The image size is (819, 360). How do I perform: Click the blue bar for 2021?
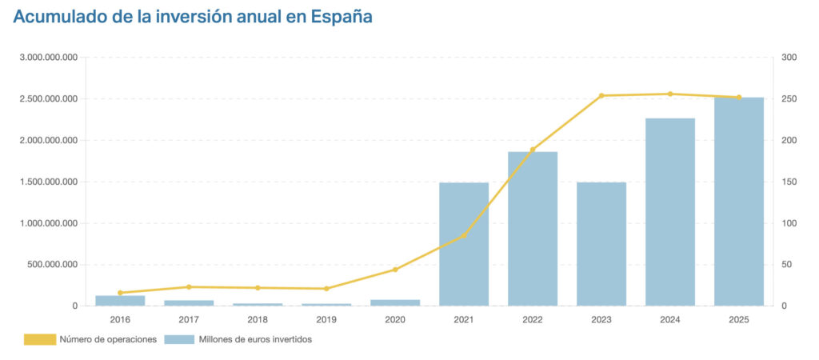(x=464, y=244)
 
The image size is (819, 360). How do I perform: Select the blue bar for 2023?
(x=601, y=244)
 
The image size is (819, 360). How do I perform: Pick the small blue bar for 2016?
(x=120, y=301)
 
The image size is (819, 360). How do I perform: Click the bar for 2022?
(x=533, y=229)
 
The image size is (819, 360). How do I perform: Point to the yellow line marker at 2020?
(x=395, y=270)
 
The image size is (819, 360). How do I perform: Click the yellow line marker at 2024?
(x=670, y=94)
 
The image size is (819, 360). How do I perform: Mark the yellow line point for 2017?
(x=189, y=286)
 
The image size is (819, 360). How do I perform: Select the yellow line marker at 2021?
(x=464, y=235)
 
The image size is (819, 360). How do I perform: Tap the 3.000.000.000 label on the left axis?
(x=49, y=58)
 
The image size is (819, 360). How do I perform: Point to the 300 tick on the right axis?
(x=789, y=58)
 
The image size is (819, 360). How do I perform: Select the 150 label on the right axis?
(x=789, y=182)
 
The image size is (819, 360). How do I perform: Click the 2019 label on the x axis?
(x=326, y=319)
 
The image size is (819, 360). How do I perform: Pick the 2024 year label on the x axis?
(x=670, y=319)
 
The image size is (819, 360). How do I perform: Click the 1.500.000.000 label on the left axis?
(x=49, y=182)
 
